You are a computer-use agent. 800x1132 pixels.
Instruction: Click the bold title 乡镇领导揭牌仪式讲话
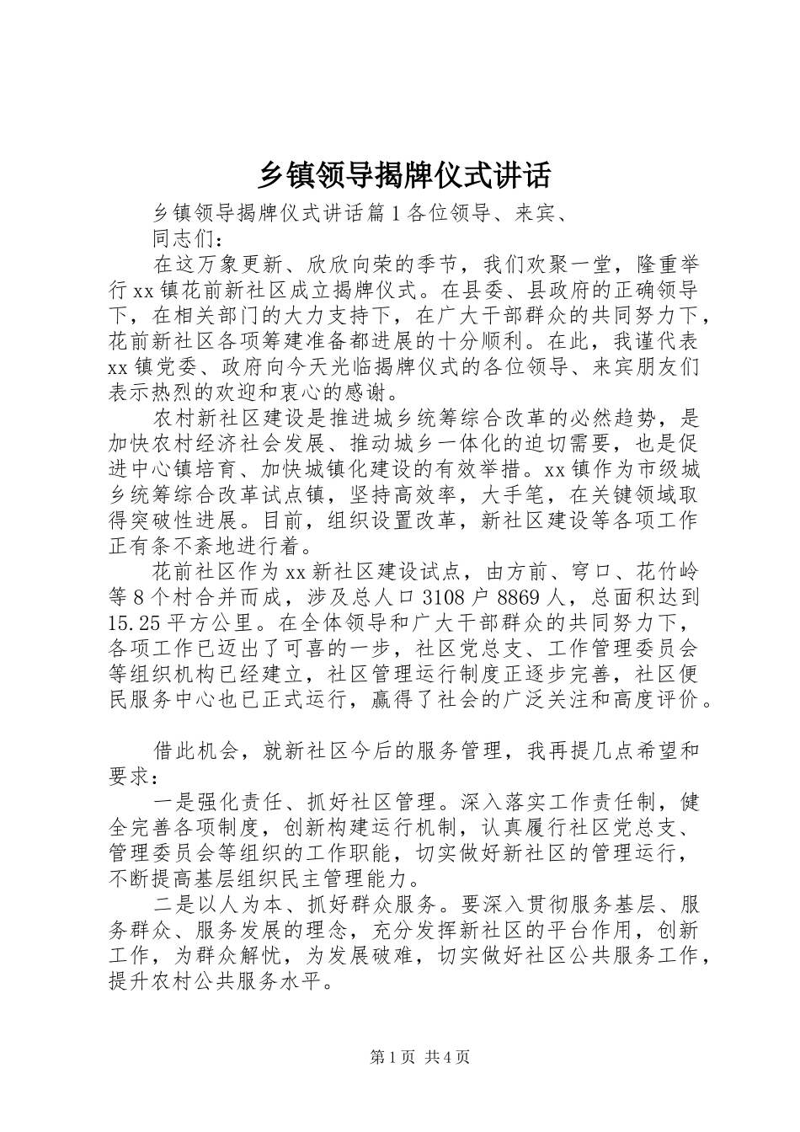pyautogui.click(x=403, y=174)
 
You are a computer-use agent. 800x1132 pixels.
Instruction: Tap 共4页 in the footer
pyautogui.click(x=448, y=1057)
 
